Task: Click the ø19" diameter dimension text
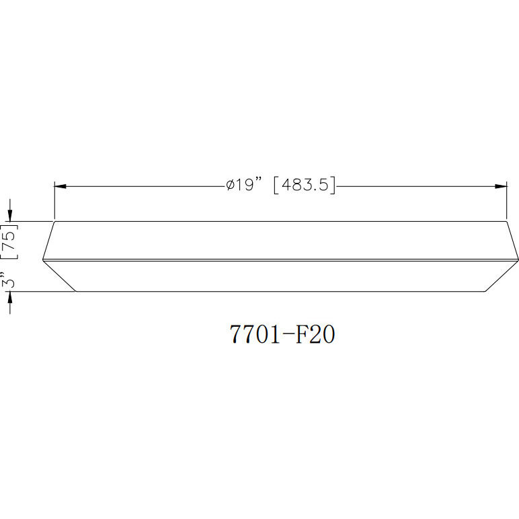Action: coord(243,185)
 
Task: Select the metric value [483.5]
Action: coord(304,185)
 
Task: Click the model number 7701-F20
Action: coord(282,333)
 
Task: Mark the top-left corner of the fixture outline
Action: coord(54,221)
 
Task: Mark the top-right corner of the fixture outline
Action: coord(506,221)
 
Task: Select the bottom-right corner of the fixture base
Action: coord(484,291)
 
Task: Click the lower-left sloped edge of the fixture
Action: coord(60,276)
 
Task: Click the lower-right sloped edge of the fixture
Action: coord(501,276)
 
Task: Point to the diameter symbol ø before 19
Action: coord(230,186)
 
